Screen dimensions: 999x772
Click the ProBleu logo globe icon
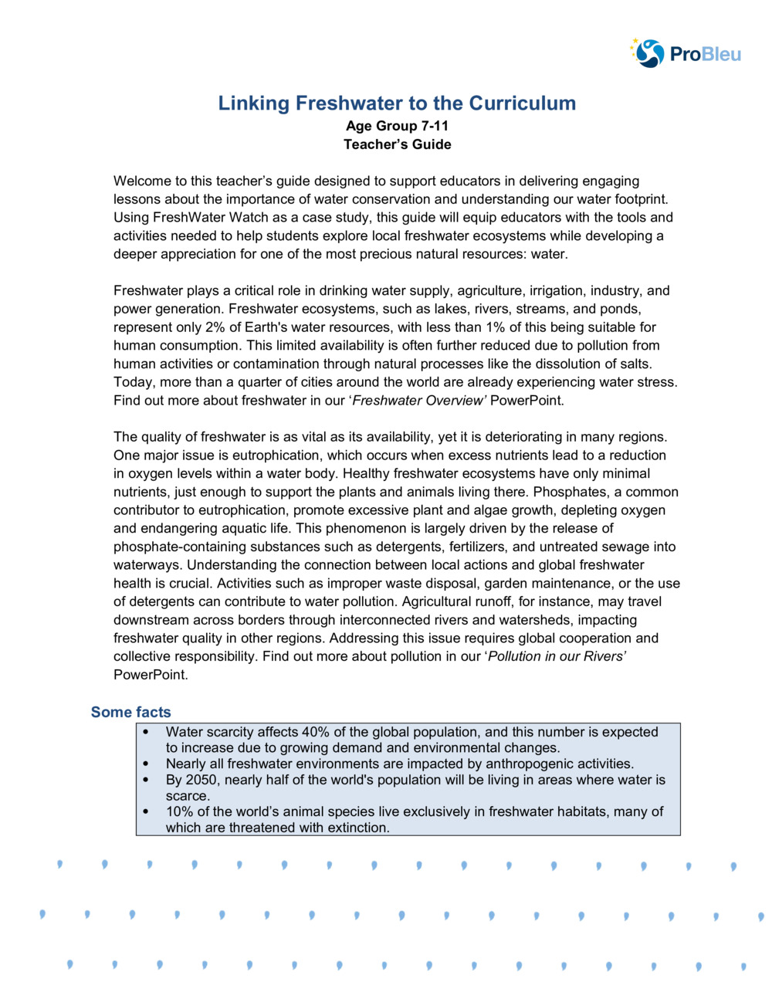[x=649, y=53]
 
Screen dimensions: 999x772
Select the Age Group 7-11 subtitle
[x=397, y=126]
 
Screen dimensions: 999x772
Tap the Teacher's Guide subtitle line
[x=397, y=144]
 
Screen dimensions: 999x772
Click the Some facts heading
[x=130, y=712]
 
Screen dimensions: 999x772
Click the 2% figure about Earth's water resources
[x=215, y=327]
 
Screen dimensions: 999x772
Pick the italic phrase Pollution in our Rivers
[x=556, y=656]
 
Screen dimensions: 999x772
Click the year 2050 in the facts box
[x=201, y=780]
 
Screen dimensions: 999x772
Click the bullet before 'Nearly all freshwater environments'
[x=147, y=764]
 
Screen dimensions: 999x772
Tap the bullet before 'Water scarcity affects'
[x=147, y=732]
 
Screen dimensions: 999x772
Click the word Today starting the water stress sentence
[x=134, y=382]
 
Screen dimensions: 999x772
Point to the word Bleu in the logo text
[x=721, y=54]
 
